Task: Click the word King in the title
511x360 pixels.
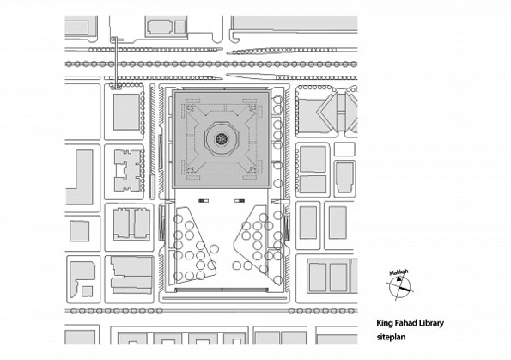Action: pyautogui.click(x=382, y=323)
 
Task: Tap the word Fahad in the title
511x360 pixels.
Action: pyautogui.click(x=399, y=323)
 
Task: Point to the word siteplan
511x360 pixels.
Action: pyautogui.click(x=391, y=337)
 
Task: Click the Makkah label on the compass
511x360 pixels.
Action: pyautogui.click(x=398, y=272)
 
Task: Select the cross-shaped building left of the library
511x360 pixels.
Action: pyautogui.click(x=128, y=170)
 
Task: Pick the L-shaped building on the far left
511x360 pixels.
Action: pyautogui.click(x=80, y=177)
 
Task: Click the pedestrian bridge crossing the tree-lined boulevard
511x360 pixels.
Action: pyautogui.click(x=115, y=63)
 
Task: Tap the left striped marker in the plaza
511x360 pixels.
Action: pyautogui.click(x=204, y=201)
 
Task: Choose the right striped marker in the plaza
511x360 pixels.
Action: pyautogui.click(x=240, y=201)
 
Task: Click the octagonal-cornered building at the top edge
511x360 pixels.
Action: pyautogui.click(x=160, y=27)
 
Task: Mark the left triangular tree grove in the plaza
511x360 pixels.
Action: pyautogui.click(x=192, y=244)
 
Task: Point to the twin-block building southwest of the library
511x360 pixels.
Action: pyautogui.click(x=131, y=224)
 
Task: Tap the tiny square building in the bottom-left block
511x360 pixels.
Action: pyautogui.click(x=87, y=291)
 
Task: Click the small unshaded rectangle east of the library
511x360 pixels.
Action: pyautogui.click(x=344, y=149)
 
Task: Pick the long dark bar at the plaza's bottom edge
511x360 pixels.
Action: pyautogui.click(x=222, y=290)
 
